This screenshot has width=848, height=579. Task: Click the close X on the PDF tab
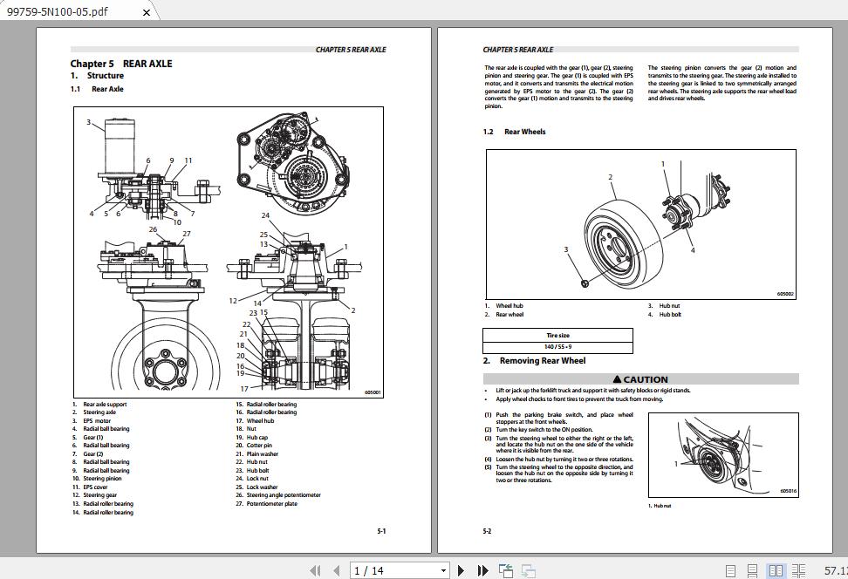(x=147, y=12)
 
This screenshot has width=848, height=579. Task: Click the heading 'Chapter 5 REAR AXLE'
(x=121, y=64)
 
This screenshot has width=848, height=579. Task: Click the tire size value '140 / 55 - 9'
(x=557, y=347)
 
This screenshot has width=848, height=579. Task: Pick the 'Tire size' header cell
(x=557, y=335)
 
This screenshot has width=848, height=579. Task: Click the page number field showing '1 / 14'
(x=398, y=570)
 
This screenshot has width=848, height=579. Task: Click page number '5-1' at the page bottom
(x=381, y=531)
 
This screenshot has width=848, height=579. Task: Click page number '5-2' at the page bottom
(x=487, y=531)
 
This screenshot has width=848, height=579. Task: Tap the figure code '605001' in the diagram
(x=373, y=392)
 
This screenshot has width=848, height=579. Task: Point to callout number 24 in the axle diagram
(x=265, y=215)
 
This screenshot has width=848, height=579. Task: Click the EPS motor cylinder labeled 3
(x=117, y=140)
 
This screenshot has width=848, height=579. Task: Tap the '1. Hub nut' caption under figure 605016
(x=660, y=506)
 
